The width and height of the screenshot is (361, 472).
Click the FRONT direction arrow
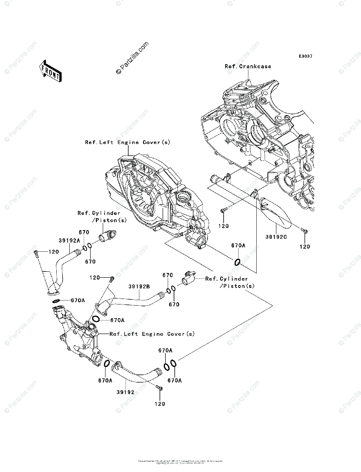50,71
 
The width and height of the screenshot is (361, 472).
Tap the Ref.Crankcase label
248,66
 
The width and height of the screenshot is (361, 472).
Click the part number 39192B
139,287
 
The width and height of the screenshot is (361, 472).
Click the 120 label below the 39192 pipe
159,403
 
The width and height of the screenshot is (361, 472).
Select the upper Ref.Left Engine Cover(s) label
128,142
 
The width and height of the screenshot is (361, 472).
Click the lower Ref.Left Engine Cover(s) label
152,334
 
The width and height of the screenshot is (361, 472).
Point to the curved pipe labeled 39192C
277,214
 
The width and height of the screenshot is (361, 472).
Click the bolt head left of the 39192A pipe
36,253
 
